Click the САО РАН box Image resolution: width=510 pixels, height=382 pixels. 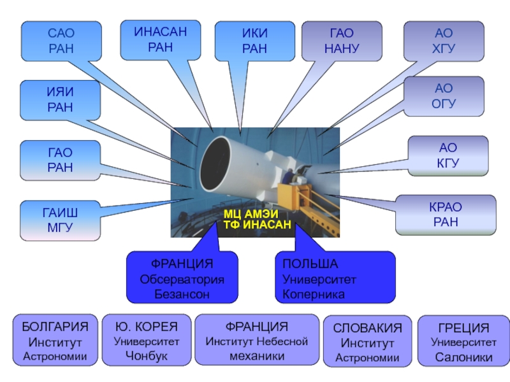click(61, 41)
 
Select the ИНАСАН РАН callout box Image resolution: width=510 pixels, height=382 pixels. click(161, 40)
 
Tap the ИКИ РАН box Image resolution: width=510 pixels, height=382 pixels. click(254, 41)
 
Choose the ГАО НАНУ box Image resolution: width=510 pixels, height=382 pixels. click(342, 41)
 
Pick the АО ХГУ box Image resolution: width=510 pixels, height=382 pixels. click(444, 41)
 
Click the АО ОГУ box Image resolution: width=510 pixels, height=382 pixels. click(444, 96)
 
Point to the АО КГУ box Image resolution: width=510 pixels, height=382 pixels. click(448, 156)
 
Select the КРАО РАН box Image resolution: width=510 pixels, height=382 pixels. click(446, 215)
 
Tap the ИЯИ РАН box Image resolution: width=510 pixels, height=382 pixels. click(60, 100)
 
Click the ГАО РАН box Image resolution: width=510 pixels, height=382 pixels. click(60, 160)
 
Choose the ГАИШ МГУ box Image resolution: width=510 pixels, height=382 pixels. click(60, 220)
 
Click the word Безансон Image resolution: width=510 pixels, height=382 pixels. click(182, 294)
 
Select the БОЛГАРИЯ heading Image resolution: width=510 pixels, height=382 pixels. click(55, 327)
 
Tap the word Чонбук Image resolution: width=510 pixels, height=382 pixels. click(147, 356)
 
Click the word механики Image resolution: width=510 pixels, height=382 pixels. click(257, 356)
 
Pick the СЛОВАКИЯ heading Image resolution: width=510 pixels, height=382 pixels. click(368, 328)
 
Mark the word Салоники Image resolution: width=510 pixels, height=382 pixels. click(464, 357)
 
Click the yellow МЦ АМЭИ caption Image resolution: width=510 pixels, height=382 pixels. click(251, 214)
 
